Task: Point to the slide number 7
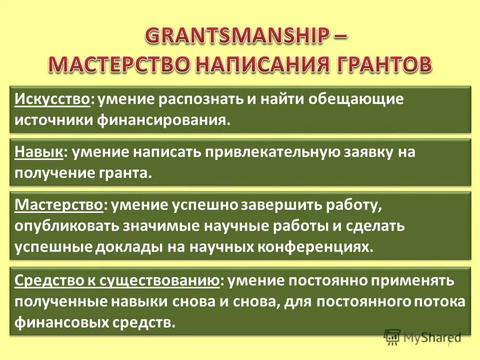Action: pyautogui.click(x=449, y=344)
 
